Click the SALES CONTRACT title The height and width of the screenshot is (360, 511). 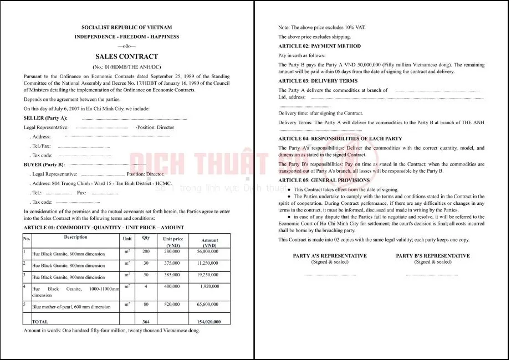click(126, 56)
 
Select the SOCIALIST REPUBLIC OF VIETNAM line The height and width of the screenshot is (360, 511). click(126, 27)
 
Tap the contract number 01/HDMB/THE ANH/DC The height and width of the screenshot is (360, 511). click(126, 66)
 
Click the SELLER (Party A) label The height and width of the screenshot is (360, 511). click(45, 118)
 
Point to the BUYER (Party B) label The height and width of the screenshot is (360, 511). click(44, 164)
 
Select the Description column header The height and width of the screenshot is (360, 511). click(75, 237)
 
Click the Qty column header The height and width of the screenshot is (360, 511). click(146, 238)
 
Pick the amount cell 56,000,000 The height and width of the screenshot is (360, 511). click(207, 251)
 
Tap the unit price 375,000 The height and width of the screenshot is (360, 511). click(171, 263)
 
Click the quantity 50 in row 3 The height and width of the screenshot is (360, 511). click(146, 275)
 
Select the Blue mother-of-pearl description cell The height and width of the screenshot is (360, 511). click(71, 306)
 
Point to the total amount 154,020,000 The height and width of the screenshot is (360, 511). click(208, 321)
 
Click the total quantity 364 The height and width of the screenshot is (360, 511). click(146, 321)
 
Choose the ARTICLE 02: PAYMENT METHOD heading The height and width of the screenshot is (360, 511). click(319, 46)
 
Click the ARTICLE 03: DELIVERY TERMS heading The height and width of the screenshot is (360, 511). click(318, 81)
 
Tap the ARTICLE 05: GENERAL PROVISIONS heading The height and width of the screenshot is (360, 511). click(324, 180)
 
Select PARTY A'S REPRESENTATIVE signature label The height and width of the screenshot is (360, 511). click(330, 256)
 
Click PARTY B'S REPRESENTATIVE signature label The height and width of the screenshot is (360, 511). click(433, 256)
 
